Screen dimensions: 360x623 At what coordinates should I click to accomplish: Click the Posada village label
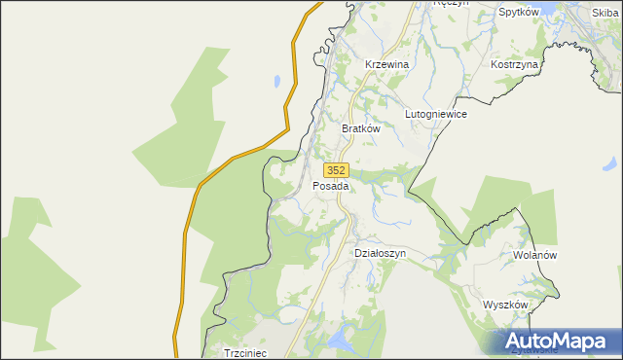coord(331,185)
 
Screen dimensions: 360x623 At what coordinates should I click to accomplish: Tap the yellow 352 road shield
coord(336,169)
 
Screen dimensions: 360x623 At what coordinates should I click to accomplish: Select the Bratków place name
coord(359,127)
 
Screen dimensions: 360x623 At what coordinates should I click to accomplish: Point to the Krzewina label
coord(385,63)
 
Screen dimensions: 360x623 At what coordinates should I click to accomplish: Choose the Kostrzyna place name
coord(515,63)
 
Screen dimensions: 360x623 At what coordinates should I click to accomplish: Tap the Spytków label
coord(519,13)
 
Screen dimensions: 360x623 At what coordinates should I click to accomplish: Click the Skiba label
coord(605,13)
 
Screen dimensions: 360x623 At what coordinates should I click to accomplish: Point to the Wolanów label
coord(533,255)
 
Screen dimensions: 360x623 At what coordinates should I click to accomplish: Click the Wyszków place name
coord(505,305)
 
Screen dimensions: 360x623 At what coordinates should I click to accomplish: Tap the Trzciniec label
coord(245,353)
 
